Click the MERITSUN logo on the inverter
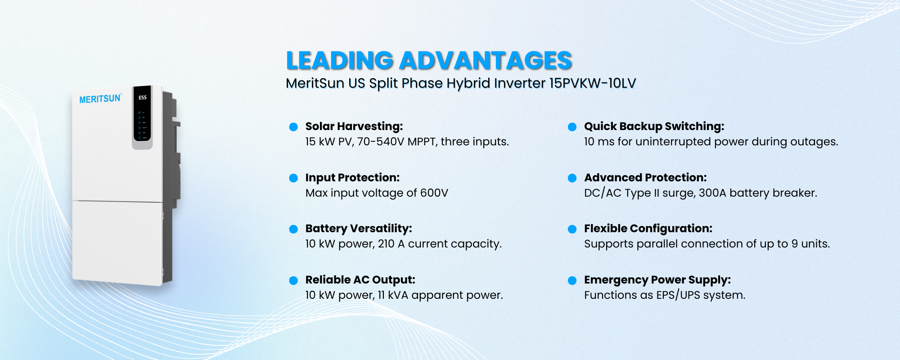[100, 99]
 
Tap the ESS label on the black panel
[142, 97]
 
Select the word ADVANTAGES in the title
[486, 61]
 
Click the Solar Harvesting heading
[354, 126]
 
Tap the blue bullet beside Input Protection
[293, 178]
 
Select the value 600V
[434, 193]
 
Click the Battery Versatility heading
[359, 229]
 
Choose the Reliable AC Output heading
[360, 280]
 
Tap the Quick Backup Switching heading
[654, 126]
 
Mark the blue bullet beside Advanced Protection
[572, 178]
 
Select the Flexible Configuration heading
[648, 229]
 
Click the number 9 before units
[795, 244]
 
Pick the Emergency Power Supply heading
[657, 280]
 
